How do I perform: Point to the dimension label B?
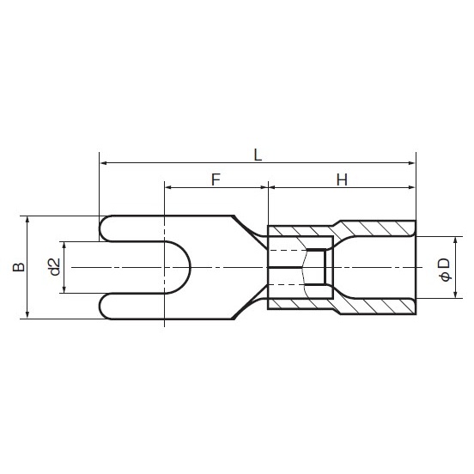18,267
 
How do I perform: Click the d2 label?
53,267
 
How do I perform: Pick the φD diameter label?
444,268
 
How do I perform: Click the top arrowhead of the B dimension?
29,220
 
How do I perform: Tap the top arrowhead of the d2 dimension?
64,245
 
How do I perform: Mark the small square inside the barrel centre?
318,267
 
